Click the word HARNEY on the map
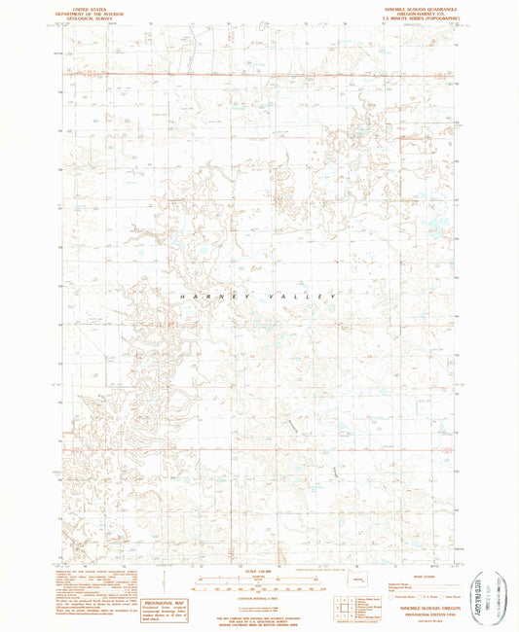(208, 295)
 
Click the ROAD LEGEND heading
(410, 575)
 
